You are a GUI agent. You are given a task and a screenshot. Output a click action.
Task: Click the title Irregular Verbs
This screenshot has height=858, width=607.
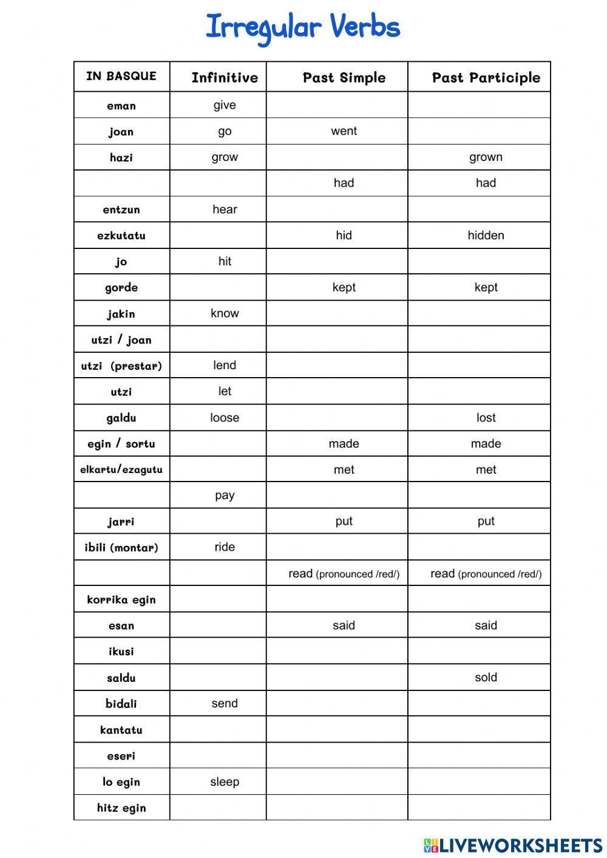tap(303, 28)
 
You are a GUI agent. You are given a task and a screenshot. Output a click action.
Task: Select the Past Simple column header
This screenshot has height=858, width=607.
tap(344, 78)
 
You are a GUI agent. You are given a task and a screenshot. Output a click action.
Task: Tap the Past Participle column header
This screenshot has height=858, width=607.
tap(486, 78)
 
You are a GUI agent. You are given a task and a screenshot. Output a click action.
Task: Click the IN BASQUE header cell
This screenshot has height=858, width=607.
tap(121, 76)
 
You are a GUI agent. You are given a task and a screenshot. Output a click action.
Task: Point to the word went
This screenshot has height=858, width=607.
tap(344, 131)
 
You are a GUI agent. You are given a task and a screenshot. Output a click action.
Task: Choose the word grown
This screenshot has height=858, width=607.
tap(486, 157)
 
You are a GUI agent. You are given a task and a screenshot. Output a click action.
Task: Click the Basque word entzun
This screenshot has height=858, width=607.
tap(121, 209)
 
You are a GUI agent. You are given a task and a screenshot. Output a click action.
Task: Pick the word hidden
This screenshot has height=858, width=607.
tap(486, 236)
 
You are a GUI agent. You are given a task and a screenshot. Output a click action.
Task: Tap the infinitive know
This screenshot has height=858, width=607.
tap(225, 313)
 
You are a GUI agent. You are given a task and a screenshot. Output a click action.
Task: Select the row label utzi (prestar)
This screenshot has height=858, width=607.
tap(121, 366)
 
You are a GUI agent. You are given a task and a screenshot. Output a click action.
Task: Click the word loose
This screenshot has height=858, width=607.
tap(225, 418)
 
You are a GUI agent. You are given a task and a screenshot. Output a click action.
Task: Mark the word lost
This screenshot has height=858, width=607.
tap(486, 418)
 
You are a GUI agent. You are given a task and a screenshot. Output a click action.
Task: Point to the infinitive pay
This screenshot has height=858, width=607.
tap(225, 495)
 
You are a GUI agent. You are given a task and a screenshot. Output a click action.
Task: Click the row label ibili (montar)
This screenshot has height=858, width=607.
tap(121, 548)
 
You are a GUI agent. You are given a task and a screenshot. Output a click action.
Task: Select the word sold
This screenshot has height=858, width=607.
tap(486, 678)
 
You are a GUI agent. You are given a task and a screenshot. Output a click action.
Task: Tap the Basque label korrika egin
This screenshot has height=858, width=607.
tap(121, 600)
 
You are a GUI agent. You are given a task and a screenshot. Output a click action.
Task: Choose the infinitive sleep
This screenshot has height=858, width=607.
tap(225, 782)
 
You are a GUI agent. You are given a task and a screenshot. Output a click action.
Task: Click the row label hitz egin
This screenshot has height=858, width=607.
tap(121, 808)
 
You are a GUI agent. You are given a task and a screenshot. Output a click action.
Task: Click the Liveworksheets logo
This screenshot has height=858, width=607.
tap(512, 845)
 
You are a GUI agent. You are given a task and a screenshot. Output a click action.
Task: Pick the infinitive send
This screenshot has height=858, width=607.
tap(225, 704)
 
